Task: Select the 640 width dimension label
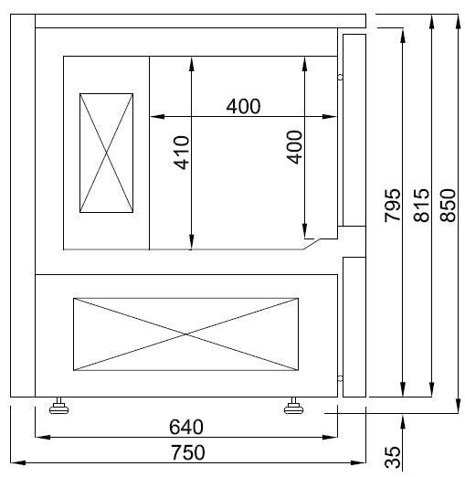[186, 427]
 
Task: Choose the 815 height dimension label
[421, 207]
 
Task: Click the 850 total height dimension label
[448, 207]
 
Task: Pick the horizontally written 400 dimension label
[243, 106]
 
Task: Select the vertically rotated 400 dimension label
[294, 146]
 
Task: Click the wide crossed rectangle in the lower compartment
[186, 334]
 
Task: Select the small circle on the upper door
[340, 77]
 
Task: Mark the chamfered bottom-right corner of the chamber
[312, 242]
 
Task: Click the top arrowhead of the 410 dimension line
[190, 61]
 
